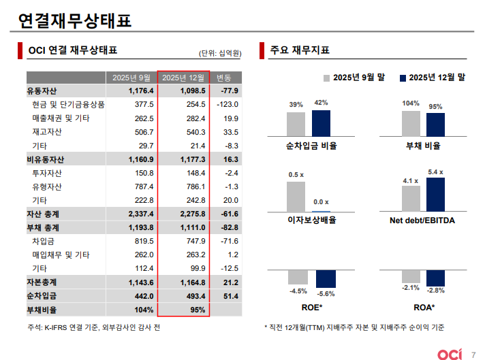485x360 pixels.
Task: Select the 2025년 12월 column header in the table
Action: [183, 77]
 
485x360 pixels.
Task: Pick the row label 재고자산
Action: [46, 132]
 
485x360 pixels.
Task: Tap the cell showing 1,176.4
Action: [141, 91]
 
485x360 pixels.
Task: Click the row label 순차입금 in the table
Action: [42, 295]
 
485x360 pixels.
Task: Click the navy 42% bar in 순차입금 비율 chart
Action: [321, 122]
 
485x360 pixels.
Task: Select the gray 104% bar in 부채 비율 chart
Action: [411, 123]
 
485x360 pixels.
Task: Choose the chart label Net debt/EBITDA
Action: [422, 220]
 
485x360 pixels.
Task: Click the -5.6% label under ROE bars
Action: [326, 293]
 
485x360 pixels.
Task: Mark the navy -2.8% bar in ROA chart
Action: [435, 278]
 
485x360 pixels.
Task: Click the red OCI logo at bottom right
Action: [451, 354]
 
